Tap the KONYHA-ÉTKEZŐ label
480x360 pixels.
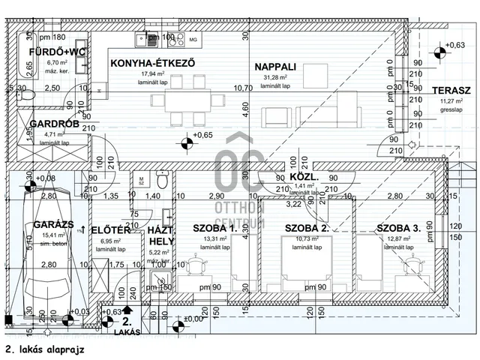152,63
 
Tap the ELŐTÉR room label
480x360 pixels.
111,229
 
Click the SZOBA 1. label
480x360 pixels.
214,228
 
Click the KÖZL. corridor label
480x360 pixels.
304,178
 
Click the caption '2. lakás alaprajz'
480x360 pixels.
43,349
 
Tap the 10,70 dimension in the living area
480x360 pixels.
243,88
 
